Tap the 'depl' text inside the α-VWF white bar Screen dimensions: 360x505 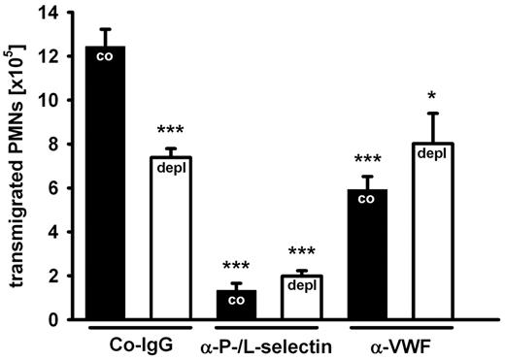(430, 153)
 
